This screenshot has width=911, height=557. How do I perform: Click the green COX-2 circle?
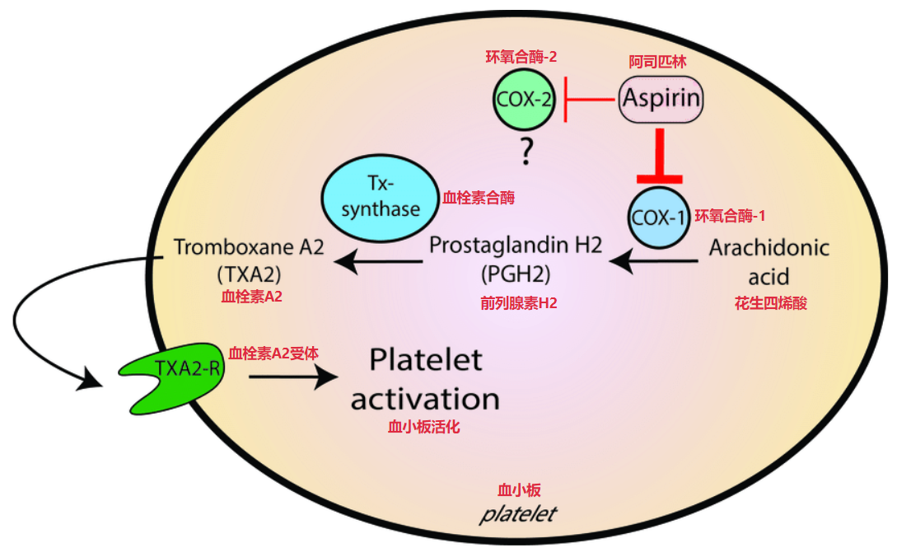coord(524,100)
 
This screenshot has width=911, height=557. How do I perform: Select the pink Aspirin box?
coord(661,100)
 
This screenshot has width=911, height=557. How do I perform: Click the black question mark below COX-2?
coord(524,154)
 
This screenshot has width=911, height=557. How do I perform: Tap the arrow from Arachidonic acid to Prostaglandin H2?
coord(656,262)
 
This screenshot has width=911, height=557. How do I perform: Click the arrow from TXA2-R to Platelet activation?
coord(293,377)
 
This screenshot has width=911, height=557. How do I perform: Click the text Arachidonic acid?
coord(769,260)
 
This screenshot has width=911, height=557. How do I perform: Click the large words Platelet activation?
coord(424,380)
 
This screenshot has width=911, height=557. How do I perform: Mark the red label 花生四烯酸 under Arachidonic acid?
coord(770,303)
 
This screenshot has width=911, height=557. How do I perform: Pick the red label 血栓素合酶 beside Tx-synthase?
coord(475,198)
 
